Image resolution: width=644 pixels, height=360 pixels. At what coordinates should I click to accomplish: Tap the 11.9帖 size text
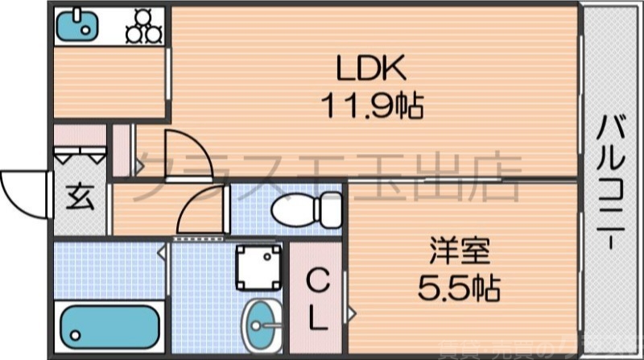click(x=373, y=104)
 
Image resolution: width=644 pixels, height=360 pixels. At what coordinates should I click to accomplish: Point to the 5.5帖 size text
click(x=460, y=285)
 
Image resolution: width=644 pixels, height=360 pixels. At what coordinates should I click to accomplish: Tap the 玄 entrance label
click(x=79, y=196)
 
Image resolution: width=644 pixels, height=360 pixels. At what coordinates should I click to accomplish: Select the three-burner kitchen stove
click(x=143, y=27)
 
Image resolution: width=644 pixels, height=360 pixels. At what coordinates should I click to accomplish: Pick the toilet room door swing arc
click(x=197, y=213)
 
